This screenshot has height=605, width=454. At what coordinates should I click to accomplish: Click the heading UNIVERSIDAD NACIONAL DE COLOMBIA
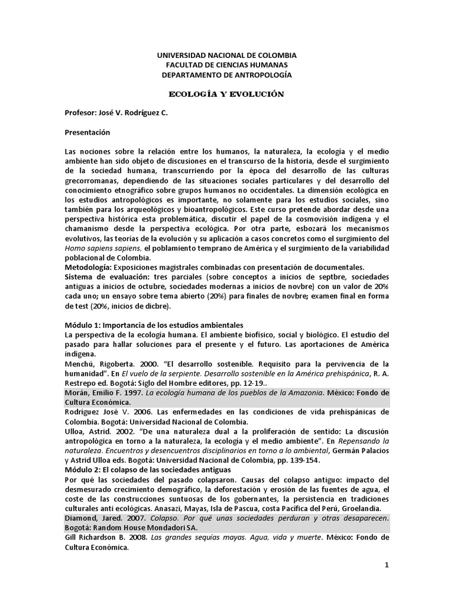[226, 55]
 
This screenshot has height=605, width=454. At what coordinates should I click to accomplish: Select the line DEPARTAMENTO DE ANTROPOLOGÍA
[226, 74]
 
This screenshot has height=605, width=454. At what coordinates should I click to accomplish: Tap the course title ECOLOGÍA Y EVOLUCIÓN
[227, 94]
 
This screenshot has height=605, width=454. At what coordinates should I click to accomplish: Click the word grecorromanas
[97, 180]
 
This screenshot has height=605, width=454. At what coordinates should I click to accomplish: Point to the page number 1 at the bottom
[387, 565]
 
